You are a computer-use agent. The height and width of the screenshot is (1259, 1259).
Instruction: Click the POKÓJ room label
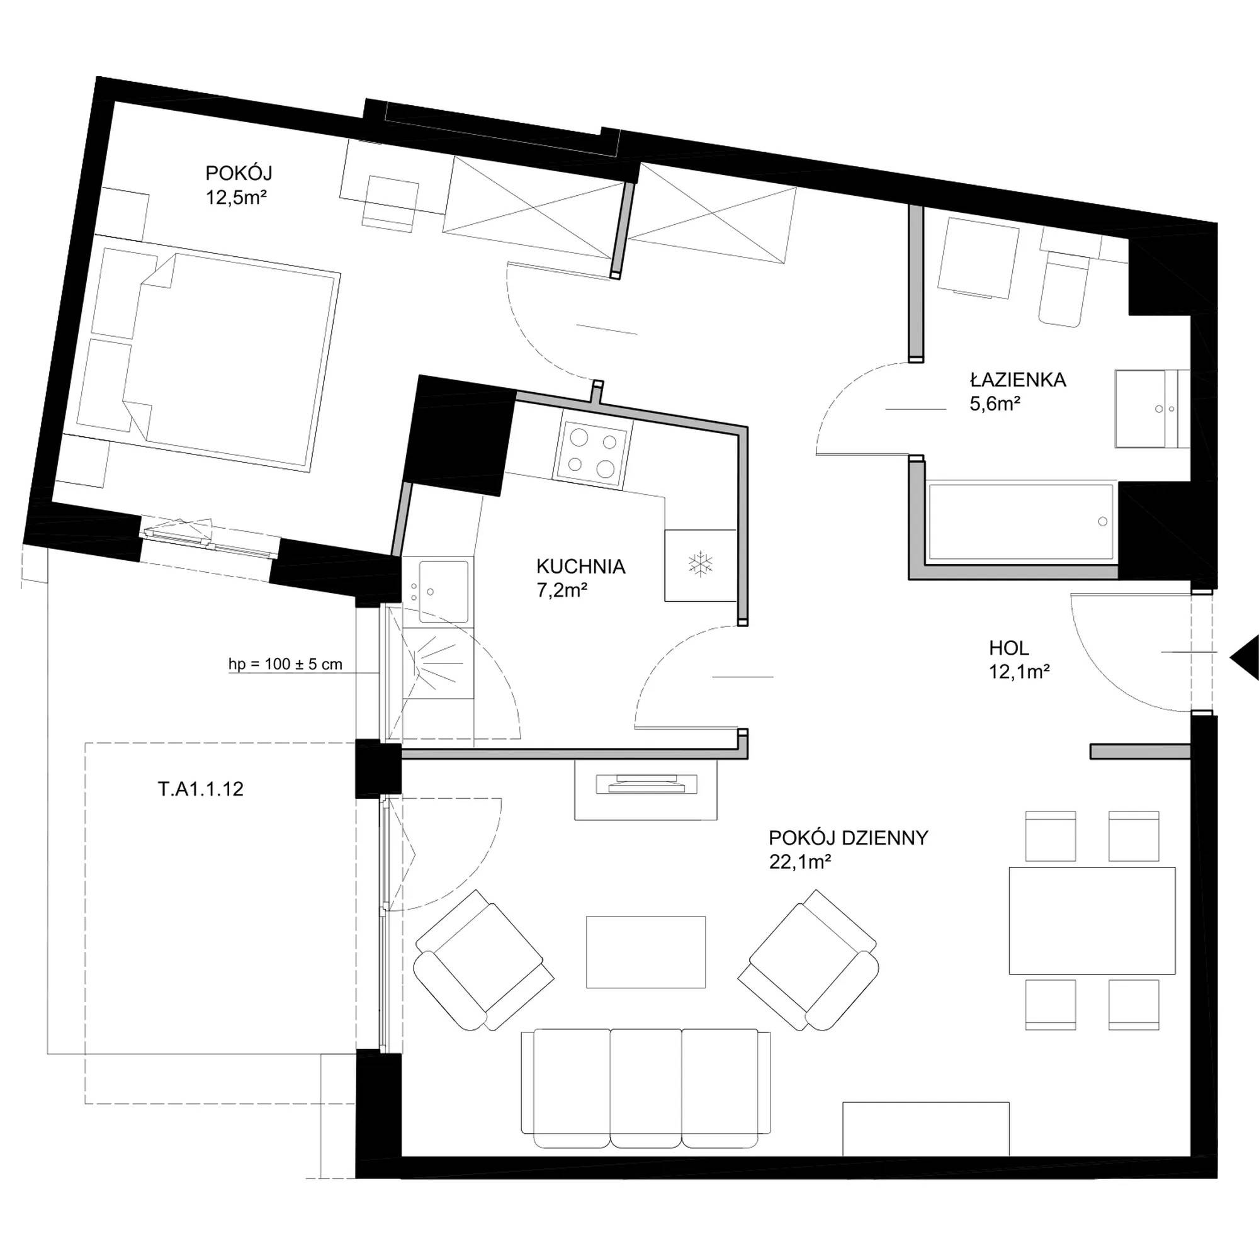(x=239, y=173)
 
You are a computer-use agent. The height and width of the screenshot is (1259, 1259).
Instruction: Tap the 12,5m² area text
(x=237, y=198)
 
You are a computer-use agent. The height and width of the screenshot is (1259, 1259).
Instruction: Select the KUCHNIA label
(x=580, y=567)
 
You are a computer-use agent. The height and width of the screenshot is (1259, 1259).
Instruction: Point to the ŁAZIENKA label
(x=1018, y=380)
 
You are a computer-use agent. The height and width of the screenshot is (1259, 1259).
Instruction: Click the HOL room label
(x=1008, y=648)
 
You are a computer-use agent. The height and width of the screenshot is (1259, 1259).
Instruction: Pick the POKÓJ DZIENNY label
(x=849, y=838)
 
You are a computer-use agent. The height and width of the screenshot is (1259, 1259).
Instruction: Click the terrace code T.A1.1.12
(x=201, y=789)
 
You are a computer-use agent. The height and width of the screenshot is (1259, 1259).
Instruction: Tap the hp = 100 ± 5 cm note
(x=285, y=665)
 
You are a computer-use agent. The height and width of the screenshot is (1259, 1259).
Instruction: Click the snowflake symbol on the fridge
(x=701, y=563)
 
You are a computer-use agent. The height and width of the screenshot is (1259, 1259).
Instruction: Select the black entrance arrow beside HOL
(x=1245, y=659)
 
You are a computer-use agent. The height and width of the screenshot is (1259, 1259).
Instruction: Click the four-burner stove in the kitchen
(x=592, y=455)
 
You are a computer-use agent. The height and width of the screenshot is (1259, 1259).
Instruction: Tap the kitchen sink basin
(x=444, y=591)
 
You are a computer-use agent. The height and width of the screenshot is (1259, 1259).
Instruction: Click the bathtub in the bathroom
(x=1020, y=521)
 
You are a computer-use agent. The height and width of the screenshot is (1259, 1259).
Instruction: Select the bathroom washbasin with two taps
(x=1152, y=409)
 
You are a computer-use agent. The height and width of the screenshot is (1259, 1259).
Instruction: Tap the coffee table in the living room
(x=646, y=952)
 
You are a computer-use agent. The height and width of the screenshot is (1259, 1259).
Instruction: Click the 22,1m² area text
(x=799, y=862)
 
